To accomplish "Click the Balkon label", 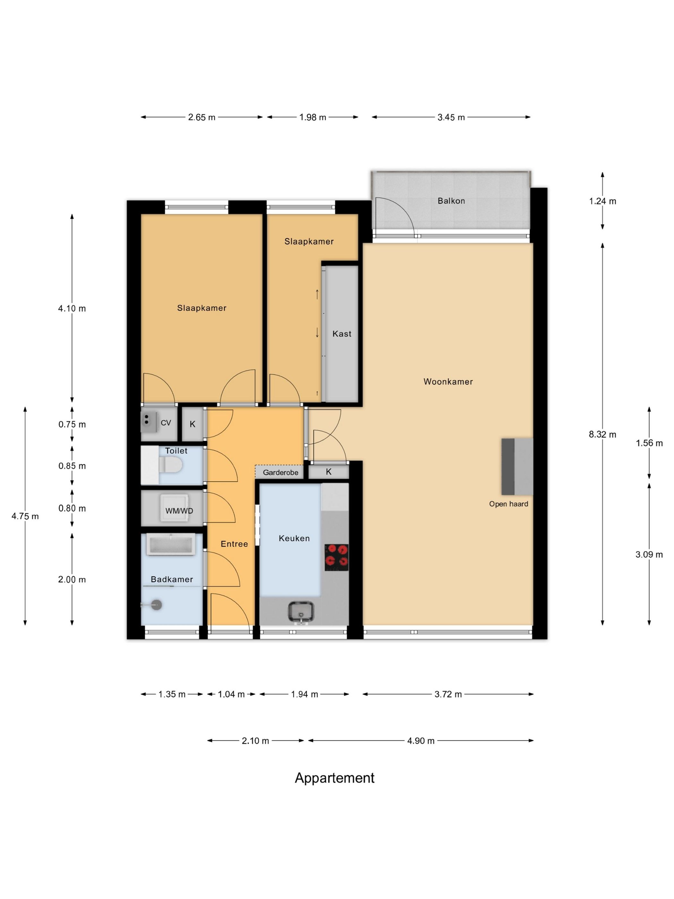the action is click(451, 201).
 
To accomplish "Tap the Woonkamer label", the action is click(448, 382).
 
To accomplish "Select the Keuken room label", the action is click(294, 538).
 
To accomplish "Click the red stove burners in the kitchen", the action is click(336, 557).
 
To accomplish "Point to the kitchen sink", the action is click(301, 613).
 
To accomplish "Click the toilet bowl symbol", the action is click(170, 465).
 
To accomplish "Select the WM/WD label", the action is click(179, 511).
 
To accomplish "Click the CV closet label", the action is click(166, 423).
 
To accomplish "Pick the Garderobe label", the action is click(280, 472).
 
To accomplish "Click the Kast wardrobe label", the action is click(342, 334).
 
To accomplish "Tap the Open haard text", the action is click(509, 504).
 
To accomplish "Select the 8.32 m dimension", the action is click(602, 434).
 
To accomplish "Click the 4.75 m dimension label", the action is click(25, 516).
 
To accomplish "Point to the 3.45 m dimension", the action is click(451, 118).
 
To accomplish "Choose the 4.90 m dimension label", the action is click(421, 740).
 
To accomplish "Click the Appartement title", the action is click(335, 778).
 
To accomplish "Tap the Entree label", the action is click(234, 544).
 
